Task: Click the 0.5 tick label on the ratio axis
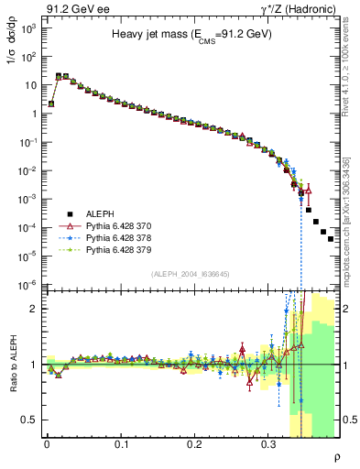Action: click(27, 420)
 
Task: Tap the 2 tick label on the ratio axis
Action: click(33, 310)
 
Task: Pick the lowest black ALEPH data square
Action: click(331, 238)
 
